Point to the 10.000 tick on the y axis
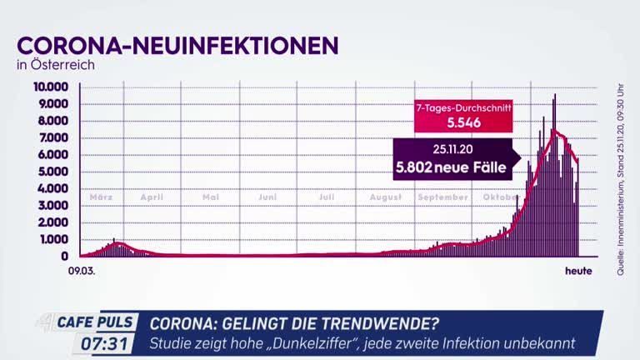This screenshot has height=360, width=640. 51,87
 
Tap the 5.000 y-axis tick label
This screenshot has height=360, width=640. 54,172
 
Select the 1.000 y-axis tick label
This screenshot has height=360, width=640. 54,240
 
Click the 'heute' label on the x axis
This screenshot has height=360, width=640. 578,271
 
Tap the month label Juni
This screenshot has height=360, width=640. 267,197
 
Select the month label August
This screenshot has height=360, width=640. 386,197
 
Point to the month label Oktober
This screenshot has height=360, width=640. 500,197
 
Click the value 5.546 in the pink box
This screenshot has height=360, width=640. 464,122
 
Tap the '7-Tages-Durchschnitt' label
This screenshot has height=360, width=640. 464,107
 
